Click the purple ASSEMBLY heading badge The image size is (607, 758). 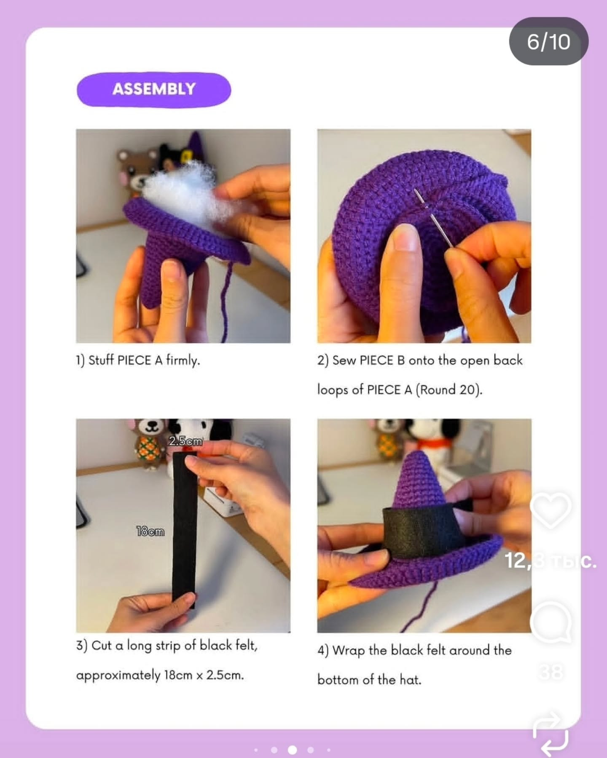tap(154, 89)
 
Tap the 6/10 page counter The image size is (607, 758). tap(548, 41)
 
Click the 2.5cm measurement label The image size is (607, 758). tap(185, 441)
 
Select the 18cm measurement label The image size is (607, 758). tap(150, 531)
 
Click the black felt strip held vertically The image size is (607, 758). tap(185, 528)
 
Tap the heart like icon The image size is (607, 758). tap(551, 510)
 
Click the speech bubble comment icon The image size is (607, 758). tap(551, 622)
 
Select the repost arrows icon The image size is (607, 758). tap(551, 733)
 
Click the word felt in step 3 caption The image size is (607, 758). tap(246, 645)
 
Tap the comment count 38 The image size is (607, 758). tap(551, 673)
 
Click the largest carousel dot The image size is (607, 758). tap(292, 750)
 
